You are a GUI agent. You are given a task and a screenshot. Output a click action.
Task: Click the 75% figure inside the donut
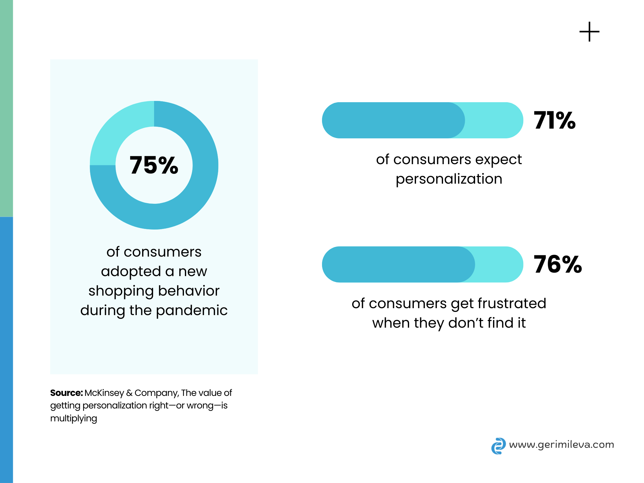pyautogui.click(x=154, y=165)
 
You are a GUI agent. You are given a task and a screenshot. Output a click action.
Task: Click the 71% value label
pyautogui.click(x=555, y=120)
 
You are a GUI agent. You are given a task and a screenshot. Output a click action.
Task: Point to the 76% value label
pyautogui.click(x=558, y=264)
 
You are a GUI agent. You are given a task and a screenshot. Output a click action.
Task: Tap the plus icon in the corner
pyautogui.click(x=589, y=32)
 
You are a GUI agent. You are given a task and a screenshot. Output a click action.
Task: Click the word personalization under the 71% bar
pyautogui.click(x=449, y=179)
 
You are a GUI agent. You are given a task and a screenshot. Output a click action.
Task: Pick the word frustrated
pyautogui.click(x=512, y=303)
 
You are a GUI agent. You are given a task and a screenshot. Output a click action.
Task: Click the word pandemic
pyautogui.click(x=192, y=311)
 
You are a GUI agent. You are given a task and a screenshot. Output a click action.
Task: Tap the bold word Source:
pyautogui.click(x=66, y=393)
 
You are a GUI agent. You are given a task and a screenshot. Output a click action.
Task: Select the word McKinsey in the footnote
pyautogui.click(x=104, y=393)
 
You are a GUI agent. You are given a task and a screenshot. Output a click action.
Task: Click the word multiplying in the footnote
pyautogui.click(x=74, y=419)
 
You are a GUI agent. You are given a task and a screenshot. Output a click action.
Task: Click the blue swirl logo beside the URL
pyautogui.click(x=498, y=446)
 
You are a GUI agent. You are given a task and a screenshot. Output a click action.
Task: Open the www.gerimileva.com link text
pyautogui.click(x=561, y=445)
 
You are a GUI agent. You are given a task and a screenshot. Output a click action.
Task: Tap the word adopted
pyautogui.click(x=131, y=271)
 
